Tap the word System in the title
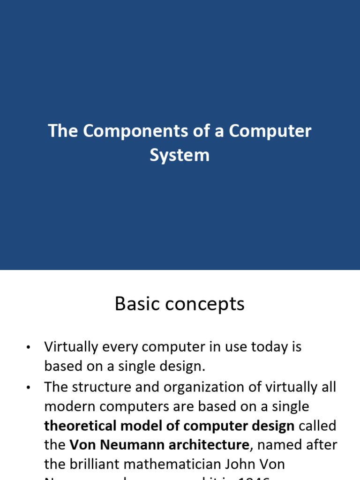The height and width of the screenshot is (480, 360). (x=180, y=155)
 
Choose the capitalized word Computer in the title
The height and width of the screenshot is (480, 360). (x=270, y=131)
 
